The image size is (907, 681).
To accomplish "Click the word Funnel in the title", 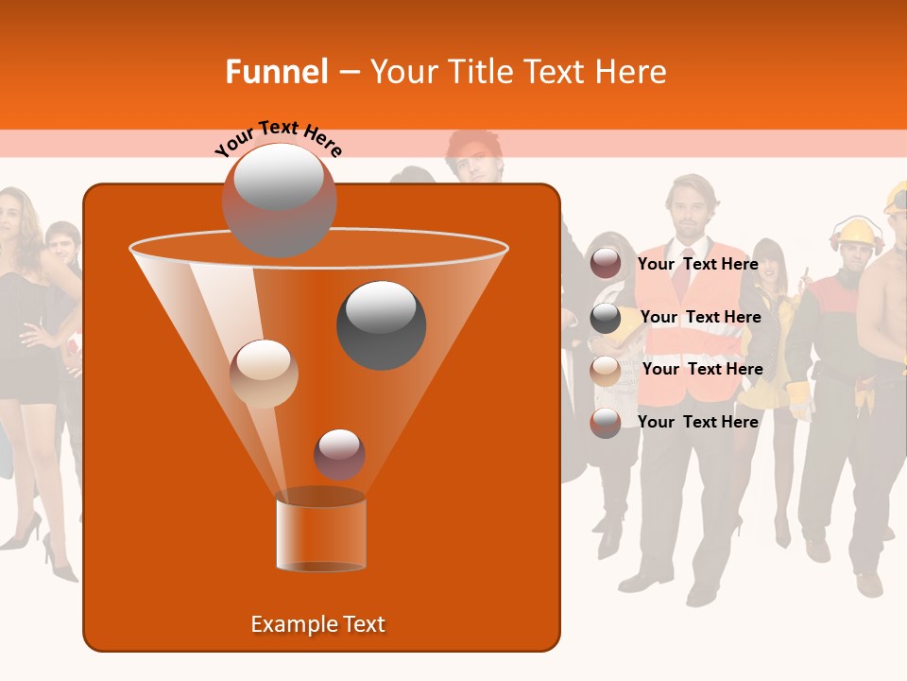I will pos(276,72).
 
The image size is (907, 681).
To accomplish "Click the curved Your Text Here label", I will pos(278,138).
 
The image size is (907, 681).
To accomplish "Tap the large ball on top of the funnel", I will pos(279,200).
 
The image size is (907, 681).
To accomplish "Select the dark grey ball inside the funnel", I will pos(381,324).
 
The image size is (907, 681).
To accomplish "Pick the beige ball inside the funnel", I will pos(265,374).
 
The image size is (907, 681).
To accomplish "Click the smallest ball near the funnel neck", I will pos(339,454).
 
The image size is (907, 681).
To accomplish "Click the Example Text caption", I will pos(317,624).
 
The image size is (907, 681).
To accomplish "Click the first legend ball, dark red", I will pos(606,264).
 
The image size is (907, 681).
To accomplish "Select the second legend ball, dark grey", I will pos(606,318).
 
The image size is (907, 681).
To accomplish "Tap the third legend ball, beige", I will pos(606,370).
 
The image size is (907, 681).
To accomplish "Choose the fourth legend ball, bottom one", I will pos(606,423).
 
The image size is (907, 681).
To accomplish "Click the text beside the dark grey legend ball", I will pos(700,318).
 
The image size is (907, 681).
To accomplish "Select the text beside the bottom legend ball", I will pos(697,422).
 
